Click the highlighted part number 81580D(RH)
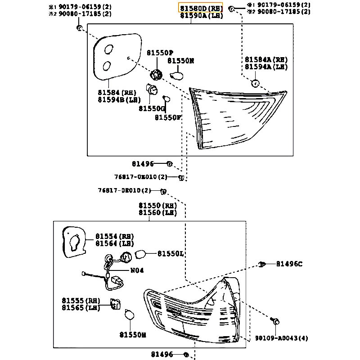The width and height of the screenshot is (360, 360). [201, 8]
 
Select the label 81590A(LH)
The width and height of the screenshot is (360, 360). [201, 16]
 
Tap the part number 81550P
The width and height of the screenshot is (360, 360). [160, 53]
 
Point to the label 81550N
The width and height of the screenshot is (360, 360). [181, 60]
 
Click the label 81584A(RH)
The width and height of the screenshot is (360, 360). [266, 59]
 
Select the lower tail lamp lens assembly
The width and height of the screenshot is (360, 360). [193, 310]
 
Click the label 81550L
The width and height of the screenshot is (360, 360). [170, 254]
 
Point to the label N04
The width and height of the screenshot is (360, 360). [137, 270]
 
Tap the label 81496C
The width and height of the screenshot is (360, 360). [289, 264]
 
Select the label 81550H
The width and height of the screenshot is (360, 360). [133, 334]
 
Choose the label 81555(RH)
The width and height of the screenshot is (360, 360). [81, 300]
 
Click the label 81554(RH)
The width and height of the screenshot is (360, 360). [114, 236]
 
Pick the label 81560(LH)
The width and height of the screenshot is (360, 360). [157, 213]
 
